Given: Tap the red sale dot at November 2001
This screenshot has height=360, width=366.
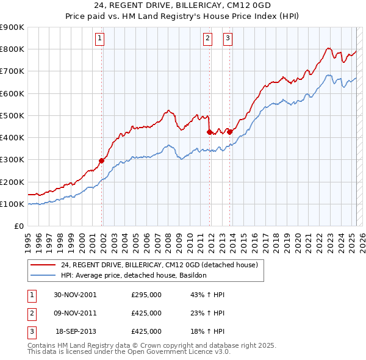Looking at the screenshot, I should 101,161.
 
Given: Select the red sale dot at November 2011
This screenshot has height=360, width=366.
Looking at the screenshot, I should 209,132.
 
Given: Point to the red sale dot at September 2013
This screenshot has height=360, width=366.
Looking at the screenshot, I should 229,132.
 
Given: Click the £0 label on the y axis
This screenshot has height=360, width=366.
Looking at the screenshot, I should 18,226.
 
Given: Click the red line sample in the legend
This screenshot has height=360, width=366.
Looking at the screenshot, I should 43,265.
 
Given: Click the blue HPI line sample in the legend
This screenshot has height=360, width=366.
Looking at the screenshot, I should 43,275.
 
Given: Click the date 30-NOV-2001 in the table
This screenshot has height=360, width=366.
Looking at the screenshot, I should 76,295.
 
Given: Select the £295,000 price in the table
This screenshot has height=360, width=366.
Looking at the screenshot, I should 146,295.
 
